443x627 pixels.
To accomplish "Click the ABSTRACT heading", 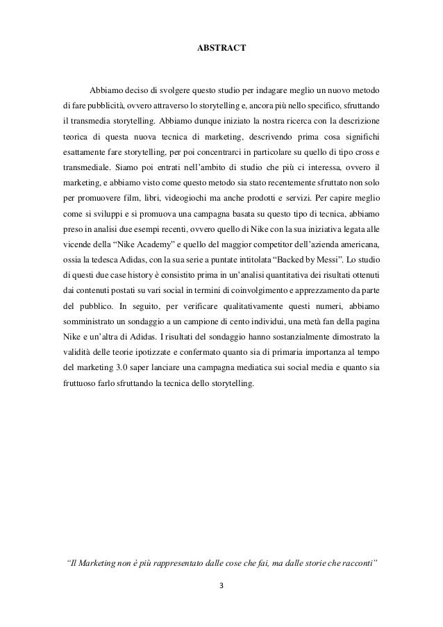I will point(221,50).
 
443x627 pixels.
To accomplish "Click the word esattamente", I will point(81,151).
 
